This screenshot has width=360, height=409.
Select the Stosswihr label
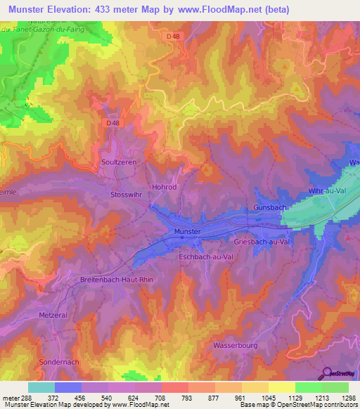tap(127, 195)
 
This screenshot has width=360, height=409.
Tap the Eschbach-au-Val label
tap(205, 257)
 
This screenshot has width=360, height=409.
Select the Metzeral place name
tap(53, 316)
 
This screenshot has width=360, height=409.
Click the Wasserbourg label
tap(234, 346)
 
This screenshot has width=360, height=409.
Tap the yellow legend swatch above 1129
tap(281, 387)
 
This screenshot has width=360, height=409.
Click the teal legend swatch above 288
tap(41, 387)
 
